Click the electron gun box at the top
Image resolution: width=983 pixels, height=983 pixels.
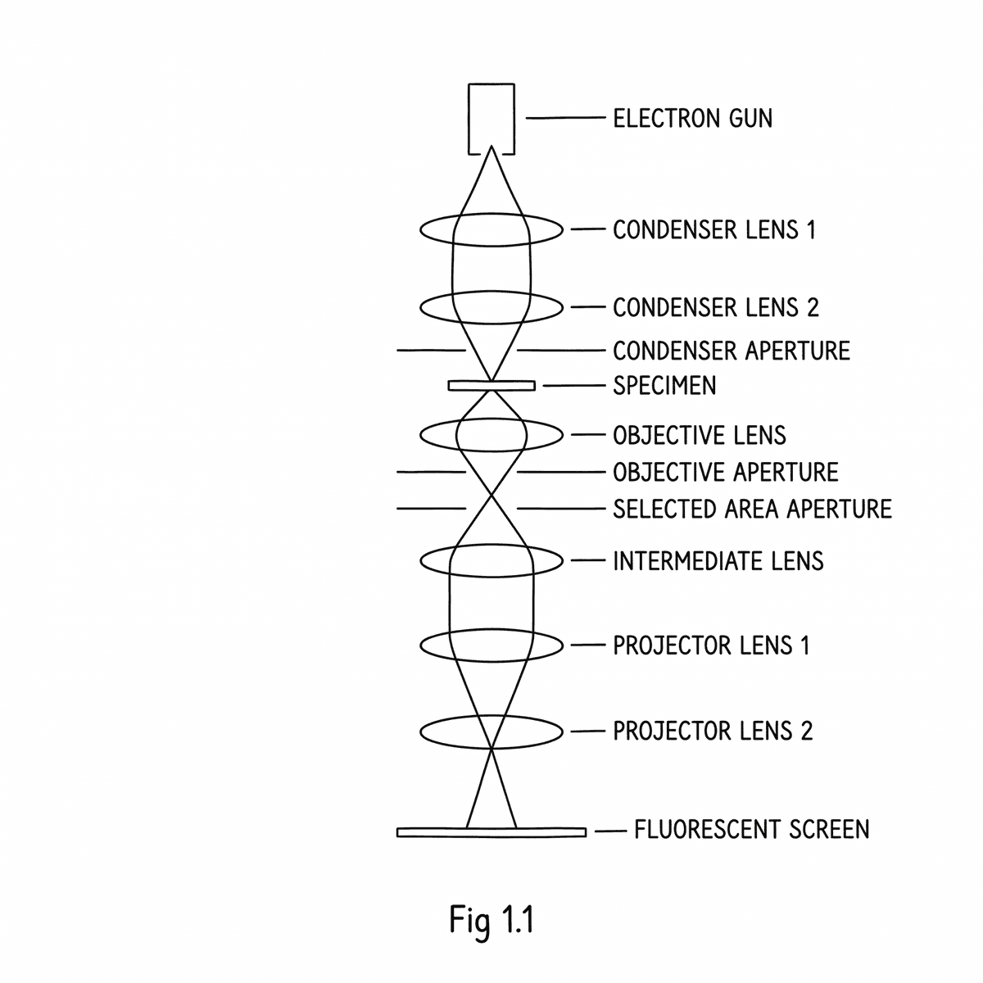[491, 117]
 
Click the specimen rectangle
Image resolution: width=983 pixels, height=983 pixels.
[491, 386]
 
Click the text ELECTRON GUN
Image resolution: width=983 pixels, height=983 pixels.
[692, 119]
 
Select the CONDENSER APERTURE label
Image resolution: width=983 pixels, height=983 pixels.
[731, 351]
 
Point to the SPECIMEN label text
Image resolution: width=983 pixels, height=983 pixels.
[664, 385]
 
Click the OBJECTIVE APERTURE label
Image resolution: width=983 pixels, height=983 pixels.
[725, 473]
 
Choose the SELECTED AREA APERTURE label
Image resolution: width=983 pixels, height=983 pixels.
[751, 509]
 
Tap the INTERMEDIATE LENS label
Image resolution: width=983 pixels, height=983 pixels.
[718, 561]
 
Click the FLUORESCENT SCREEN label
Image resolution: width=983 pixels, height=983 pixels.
[751, 830]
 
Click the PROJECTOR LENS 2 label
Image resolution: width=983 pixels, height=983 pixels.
[712, 731]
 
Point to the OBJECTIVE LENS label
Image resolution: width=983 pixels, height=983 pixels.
[699, 434]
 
